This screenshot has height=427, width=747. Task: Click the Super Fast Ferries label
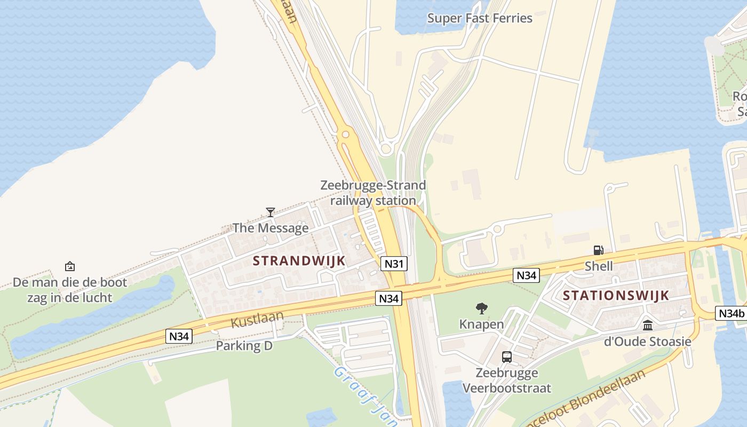tap(480, 18)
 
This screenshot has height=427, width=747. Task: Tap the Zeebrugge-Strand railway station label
tap(373, 193)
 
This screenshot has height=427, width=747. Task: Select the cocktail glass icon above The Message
tap(271, 212)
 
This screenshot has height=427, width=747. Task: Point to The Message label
tap(271, 228)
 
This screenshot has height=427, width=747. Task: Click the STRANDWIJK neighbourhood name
tap(299, 261)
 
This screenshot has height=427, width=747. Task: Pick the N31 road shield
tap(394, 263)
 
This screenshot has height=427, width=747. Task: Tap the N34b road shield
tap(730, 313)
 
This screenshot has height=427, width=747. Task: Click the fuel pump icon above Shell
tap(599, 250)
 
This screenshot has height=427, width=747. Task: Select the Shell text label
tap(599, 266)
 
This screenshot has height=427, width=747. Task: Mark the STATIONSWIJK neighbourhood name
tap(616, 296)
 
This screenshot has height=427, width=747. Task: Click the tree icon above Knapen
tap(481, 309)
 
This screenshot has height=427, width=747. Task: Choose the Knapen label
tap(481, 324)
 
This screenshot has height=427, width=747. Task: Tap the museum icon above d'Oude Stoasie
tap(648, 325)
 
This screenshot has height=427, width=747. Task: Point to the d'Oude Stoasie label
tap(648, 341)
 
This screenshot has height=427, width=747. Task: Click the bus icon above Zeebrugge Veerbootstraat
tap(506, 357)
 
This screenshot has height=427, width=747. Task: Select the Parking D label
tap(244, 346)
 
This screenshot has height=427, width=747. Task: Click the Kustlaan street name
tap(257, 319)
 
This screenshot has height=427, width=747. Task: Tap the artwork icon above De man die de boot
tap(69, 266)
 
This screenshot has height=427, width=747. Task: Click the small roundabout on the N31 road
tap(345, 135)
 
